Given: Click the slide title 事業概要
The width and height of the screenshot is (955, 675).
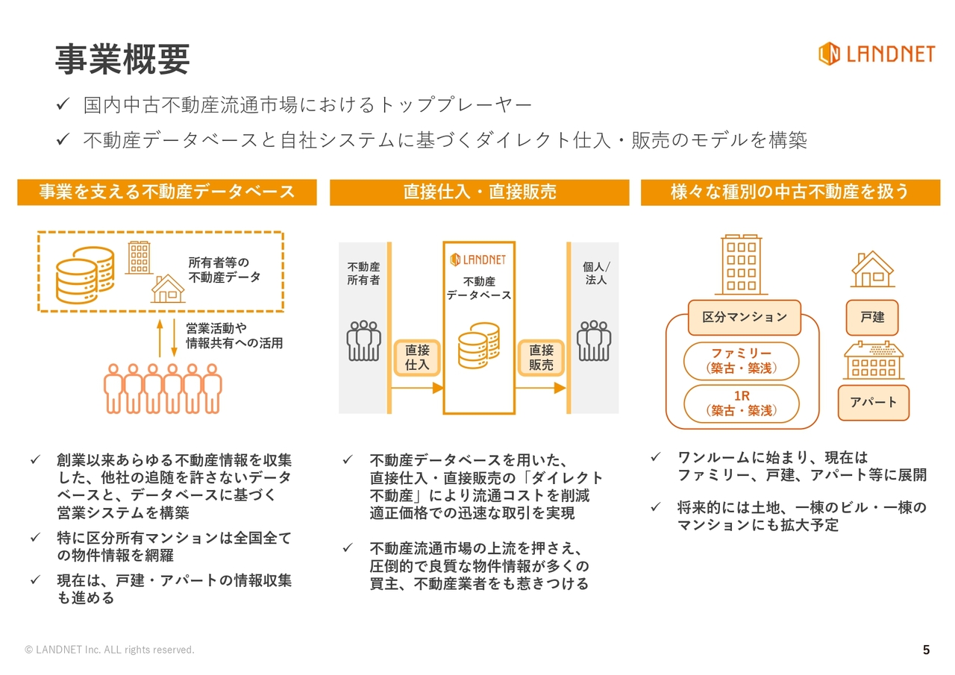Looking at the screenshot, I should (x=122, y=59).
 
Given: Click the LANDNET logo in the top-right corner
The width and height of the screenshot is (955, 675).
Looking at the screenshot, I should (x=876, y=54).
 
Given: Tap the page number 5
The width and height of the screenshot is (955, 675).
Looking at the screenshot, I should (x=926, y=650).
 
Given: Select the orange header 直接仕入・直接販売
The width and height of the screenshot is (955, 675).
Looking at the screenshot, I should (x=480, y=192).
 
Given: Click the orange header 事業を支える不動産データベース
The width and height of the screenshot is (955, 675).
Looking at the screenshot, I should (x=167, y=192).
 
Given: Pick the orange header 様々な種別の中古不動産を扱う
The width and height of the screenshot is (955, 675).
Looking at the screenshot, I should (x=790, y=192).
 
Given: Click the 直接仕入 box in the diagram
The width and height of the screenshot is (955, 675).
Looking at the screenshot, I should (x=417, y=357).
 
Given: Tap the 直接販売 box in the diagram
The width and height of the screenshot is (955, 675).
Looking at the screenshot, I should (x=541, y=357).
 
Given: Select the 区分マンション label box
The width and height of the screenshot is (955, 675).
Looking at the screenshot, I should (x=744, y=317).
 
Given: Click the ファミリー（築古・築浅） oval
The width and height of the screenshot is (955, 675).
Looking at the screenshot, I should (x=741, y=361).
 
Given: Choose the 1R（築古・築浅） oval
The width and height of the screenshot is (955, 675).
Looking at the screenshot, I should (x=741, y=403).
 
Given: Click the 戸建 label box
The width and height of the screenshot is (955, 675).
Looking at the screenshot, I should (x=872, y=318).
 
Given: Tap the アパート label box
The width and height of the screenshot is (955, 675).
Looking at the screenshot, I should (x=873, y=403).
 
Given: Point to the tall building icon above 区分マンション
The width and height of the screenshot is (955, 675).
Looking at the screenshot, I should (x=741, y=265).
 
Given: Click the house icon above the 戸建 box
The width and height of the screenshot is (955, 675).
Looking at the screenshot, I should (x=872, y=269).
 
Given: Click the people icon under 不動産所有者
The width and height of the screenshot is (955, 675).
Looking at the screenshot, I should (x=364, y=341).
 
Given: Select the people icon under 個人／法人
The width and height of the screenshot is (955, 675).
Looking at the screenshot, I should (x=594, y=341).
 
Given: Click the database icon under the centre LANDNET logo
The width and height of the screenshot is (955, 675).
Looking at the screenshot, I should (x=478, y=345).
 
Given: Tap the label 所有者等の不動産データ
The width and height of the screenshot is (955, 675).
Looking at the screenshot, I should (x=224, y=270).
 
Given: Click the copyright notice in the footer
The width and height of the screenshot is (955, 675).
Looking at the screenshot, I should (x=110, y=650).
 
